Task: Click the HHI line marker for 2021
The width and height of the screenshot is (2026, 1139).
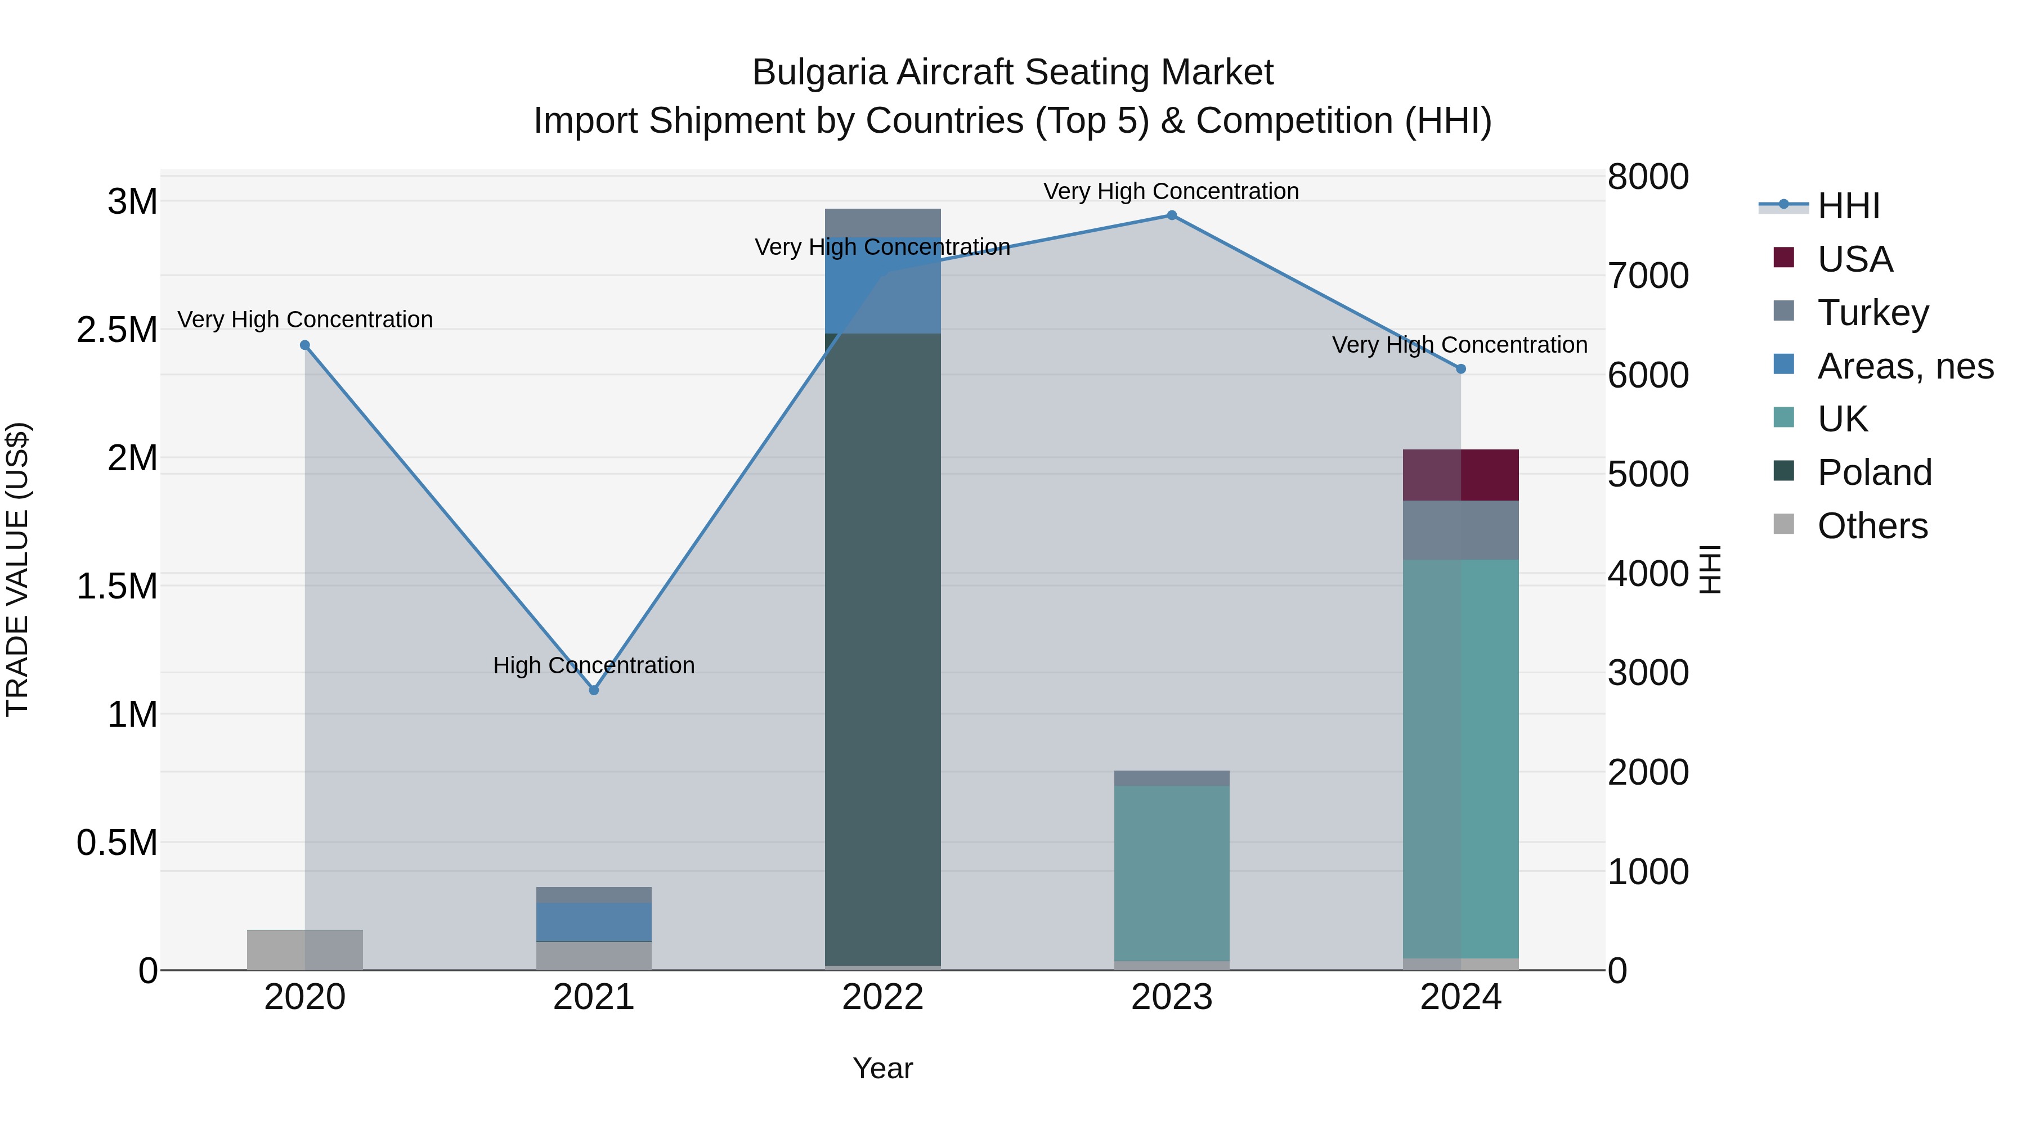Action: (x=594, y=690)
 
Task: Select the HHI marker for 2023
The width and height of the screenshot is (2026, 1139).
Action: (x=1172, y=215)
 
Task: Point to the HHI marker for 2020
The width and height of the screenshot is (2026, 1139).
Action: (x=305, y=345)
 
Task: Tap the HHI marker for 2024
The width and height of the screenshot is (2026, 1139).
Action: (x=1460, y=368)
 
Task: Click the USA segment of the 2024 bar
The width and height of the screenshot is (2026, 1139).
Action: (x=1460, y=475)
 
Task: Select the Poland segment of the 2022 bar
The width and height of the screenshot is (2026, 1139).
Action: (x=882, y=649)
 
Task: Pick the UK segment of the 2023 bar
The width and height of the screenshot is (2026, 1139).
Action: (x=1172, y=872)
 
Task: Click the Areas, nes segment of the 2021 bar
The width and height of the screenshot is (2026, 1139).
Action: (x=594, y=921)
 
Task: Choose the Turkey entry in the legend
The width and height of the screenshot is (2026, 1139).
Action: (x=1872, y=313)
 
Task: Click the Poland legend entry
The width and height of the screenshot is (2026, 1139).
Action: (x=1873, y=472)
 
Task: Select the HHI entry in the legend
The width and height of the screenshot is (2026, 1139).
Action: (x=1848, y=206)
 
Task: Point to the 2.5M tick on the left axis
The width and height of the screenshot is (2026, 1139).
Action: (x=116, y=330)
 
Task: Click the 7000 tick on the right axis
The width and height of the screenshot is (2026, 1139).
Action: (x=1647, y=276)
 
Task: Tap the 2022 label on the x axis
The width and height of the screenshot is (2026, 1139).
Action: (x=882, y=997)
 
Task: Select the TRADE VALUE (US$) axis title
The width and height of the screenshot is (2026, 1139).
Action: (x=17, y=569)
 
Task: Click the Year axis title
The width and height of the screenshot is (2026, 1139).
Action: (x=882, y=1068)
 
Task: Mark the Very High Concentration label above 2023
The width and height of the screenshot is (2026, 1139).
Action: (x=1171, y=191)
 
